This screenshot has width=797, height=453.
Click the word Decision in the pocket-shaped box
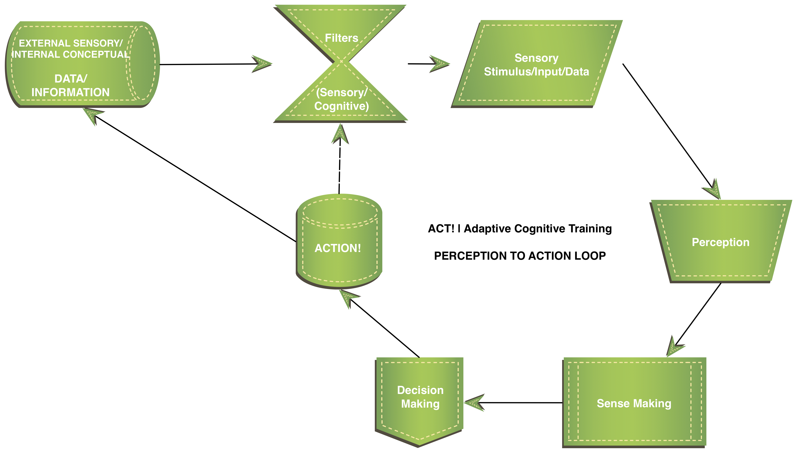click(x=420, y=390)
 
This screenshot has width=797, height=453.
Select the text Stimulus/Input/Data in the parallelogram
click(x=536, y=72)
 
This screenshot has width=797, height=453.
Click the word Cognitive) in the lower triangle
click(x=342, y=106)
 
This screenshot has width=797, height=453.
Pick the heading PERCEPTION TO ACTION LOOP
click(x=520, y=256)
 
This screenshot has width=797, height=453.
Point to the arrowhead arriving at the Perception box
click(x=713, y=190)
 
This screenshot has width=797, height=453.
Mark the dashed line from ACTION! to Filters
click(x=340, y=168)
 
